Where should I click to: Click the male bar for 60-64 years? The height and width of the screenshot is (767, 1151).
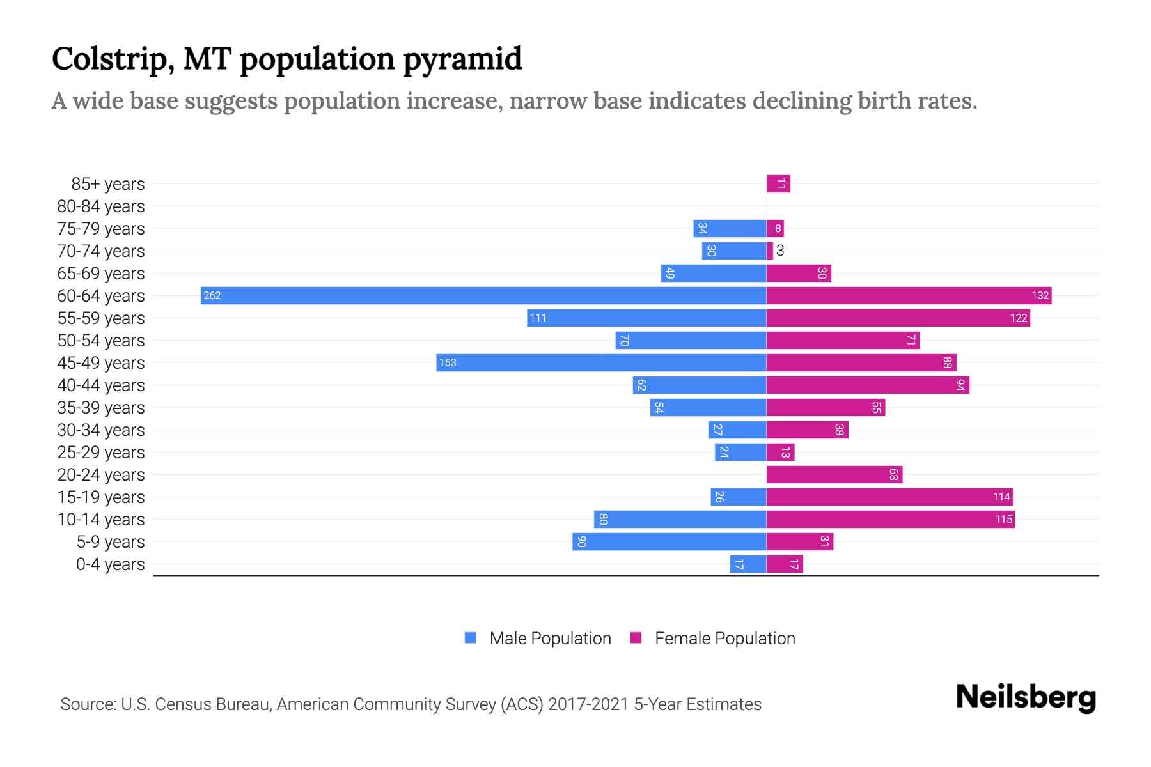(x=483, y=295)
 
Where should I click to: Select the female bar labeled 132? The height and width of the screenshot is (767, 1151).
(x=909, y=295)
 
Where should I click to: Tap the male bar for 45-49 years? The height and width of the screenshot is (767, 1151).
(x=601, y=362)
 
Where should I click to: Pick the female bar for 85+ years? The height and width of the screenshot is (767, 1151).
(x=778, y=184)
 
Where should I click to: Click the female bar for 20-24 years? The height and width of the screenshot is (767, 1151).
(x=834, y=474)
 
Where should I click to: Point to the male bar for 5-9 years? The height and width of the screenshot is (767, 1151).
(x=669, y=541)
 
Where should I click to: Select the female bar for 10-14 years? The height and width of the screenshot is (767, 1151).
(x=890, y=519)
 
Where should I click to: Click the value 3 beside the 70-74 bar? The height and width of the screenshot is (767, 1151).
(x=779, y=251)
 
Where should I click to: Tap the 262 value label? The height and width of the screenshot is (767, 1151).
(x=212, y=295)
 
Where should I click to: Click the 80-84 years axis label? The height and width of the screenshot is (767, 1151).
(x=101, y=206)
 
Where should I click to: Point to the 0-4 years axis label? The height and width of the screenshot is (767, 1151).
(x=110, y=564)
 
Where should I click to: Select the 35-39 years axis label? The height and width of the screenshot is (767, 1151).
(x=101, y=408)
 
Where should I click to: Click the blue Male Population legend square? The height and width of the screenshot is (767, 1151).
(x=471, y=638)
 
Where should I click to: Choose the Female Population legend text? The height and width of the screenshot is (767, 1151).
(x=724, y=638)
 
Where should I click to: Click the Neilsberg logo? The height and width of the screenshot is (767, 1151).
(x=1026, y=697)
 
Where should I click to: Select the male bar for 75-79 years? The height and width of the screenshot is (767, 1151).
(x=730, y=228)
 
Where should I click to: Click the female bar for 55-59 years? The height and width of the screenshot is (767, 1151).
(x=898, y=318)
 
